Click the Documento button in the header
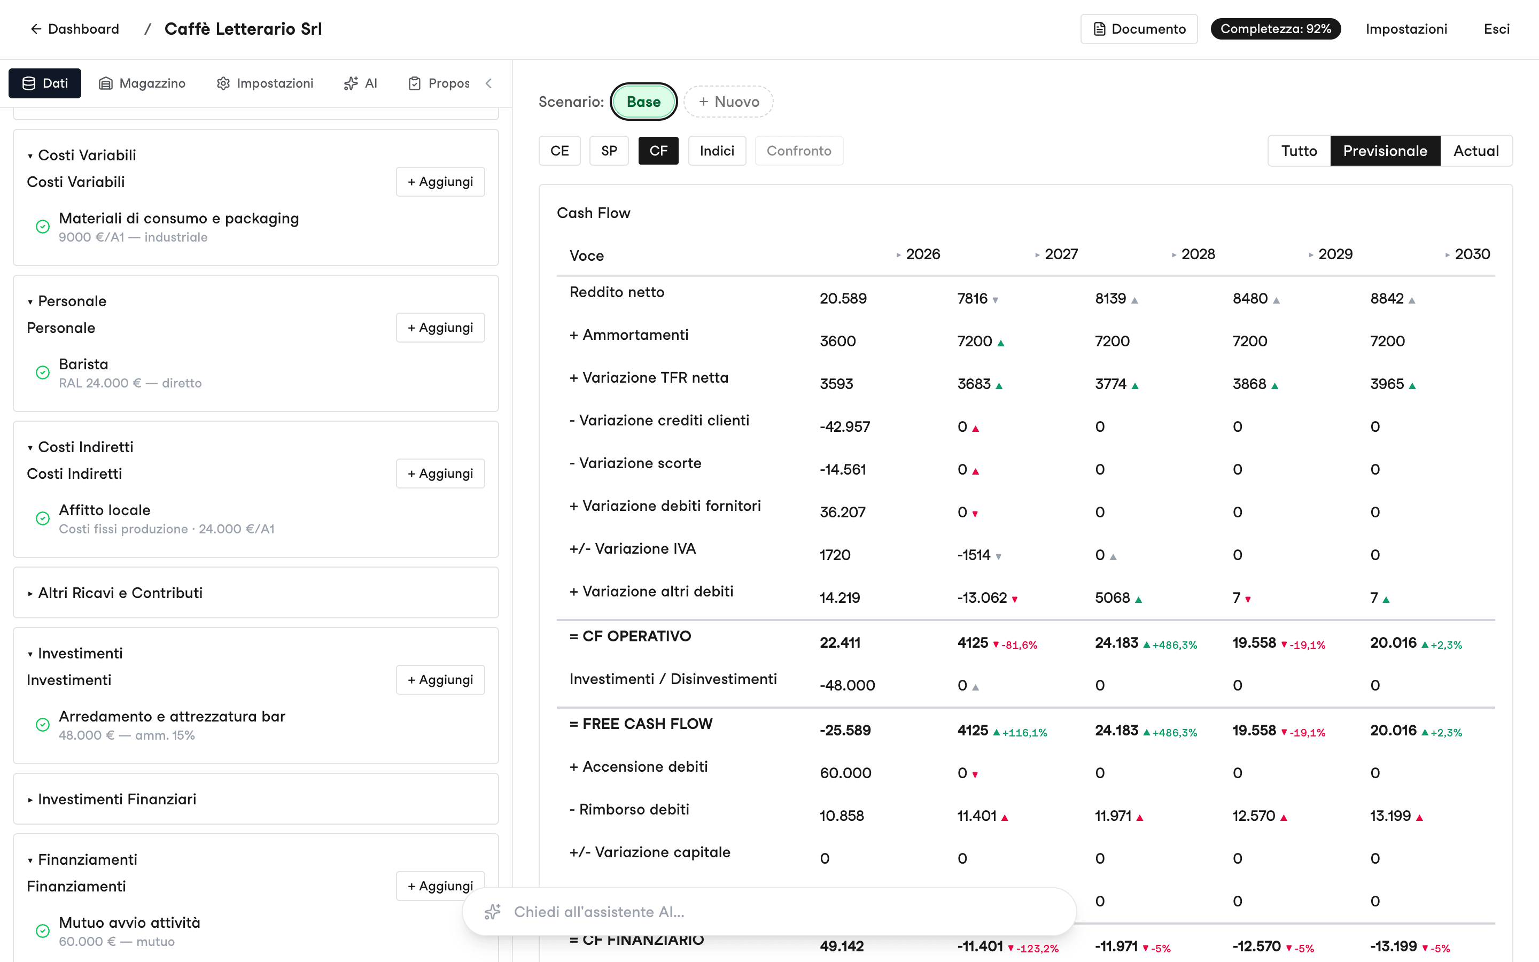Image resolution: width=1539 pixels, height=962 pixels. pos(1138,29)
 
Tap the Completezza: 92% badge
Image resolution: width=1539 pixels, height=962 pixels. pos(1275,29)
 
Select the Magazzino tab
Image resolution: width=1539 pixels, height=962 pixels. pos(143,83)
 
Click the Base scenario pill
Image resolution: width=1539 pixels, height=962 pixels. pos(643,102)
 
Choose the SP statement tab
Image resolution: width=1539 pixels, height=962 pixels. pos(609,151)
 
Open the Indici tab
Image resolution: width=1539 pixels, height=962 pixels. pos(717,151)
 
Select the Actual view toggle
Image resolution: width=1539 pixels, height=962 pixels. pos(1476,151)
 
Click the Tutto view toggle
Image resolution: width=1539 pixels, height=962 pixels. pos(1299,151)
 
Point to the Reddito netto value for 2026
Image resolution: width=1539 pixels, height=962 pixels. pos(843,298)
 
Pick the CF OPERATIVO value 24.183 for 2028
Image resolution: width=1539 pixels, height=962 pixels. pos(1116,642)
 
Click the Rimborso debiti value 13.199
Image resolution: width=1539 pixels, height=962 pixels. pos(1390,816)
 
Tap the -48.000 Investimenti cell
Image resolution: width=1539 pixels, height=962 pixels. pos(847,685)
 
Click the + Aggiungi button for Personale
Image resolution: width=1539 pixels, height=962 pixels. pos(440,328)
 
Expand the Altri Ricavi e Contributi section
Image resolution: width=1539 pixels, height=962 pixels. pos(120,593)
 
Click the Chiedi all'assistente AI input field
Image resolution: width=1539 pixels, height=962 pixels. pos(769,912)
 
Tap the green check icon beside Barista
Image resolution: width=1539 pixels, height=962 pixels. pos(43,373)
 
